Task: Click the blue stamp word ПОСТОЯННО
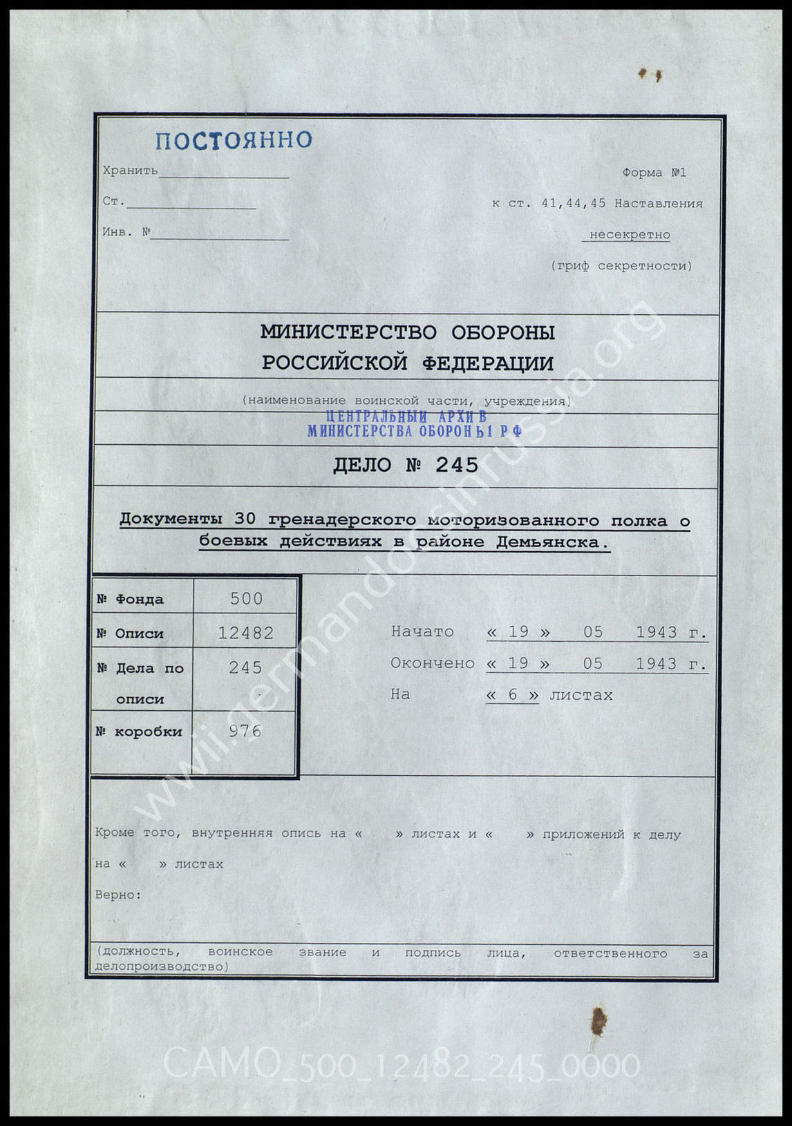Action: coord(234,140)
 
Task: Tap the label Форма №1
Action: coord(654,173)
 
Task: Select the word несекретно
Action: coord(629,235)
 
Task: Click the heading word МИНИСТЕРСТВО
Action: coord(348,332)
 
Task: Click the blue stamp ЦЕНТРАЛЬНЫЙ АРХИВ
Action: coord(406,417)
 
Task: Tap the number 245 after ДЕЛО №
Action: coord(457,465)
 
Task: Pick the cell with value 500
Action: coord(246,598)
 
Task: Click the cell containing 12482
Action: coord(246,633)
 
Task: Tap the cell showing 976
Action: coord(245,731)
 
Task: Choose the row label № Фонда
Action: coord(130,599)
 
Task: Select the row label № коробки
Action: coord(139,732)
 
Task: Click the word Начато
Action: coord(422,631)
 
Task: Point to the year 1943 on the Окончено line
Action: coord(657,664)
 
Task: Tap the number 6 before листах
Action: coord(512,695)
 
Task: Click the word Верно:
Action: coord(118,895)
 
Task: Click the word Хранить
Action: coord(130,171)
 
